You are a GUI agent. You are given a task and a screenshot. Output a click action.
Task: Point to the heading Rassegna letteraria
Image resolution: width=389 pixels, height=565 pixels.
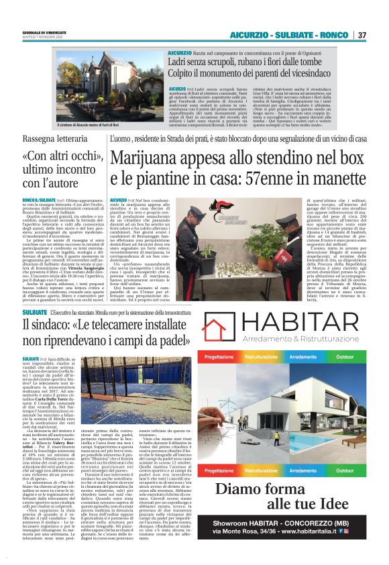(60, 138)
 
